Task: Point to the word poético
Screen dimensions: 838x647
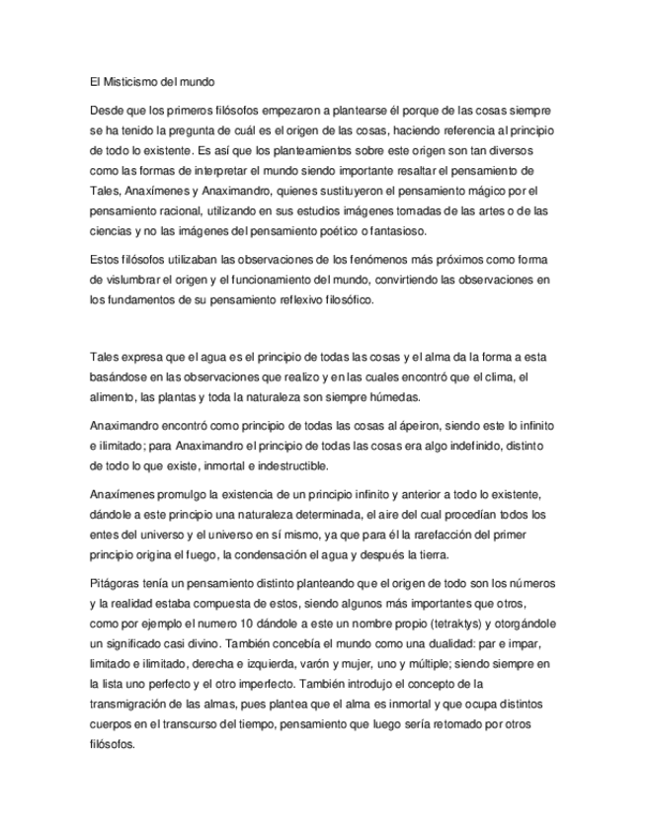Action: [x=357, y=231]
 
